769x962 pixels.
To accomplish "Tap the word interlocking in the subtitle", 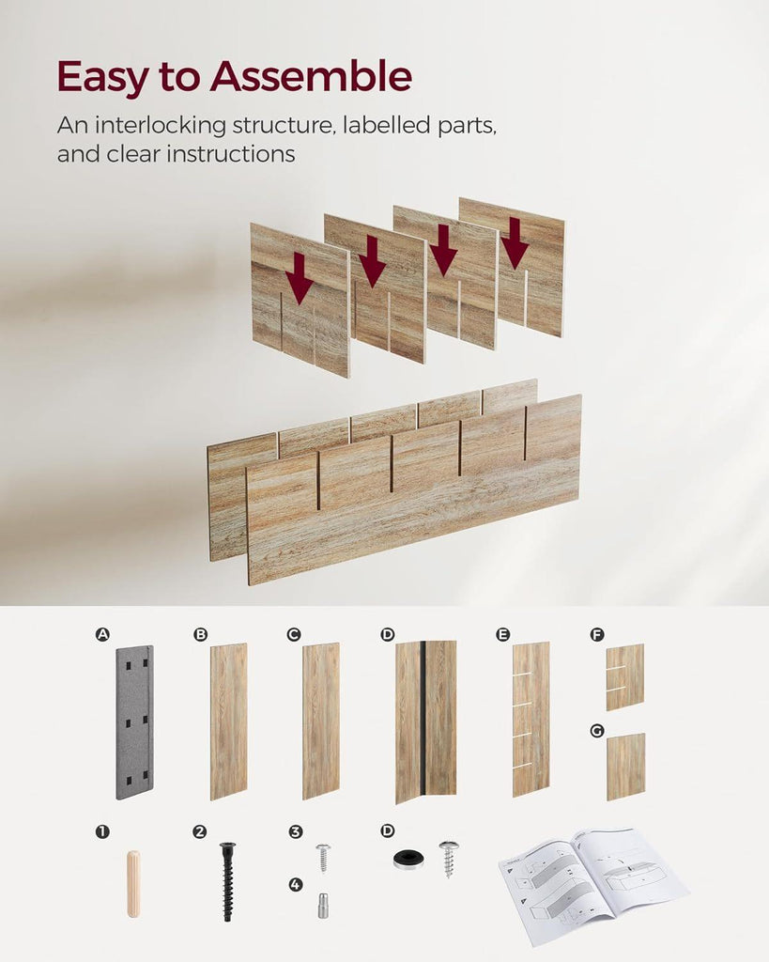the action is click(161, 126).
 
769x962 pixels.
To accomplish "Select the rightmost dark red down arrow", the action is click(514, 243).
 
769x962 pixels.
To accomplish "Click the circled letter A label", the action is click(102, 634).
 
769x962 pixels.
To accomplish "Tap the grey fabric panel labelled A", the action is click(134, 722).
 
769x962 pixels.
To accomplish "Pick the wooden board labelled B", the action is click(229, 721).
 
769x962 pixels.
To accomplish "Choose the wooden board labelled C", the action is click(321, 721).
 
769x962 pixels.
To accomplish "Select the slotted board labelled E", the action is click(531, 719).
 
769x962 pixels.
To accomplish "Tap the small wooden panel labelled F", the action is click(625, 676).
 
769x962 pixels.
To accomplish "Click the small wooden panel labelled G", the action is click(625, 767).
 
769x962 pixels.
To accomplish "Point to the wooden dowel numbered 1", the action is click(133, 884).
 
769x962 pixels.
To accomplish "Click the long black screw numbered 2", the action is click(228, 881).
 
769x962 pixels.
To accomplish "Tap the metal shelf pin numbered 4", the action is click(323, 906).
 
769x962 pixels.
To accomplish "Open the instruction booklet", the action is click(593, 884).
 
